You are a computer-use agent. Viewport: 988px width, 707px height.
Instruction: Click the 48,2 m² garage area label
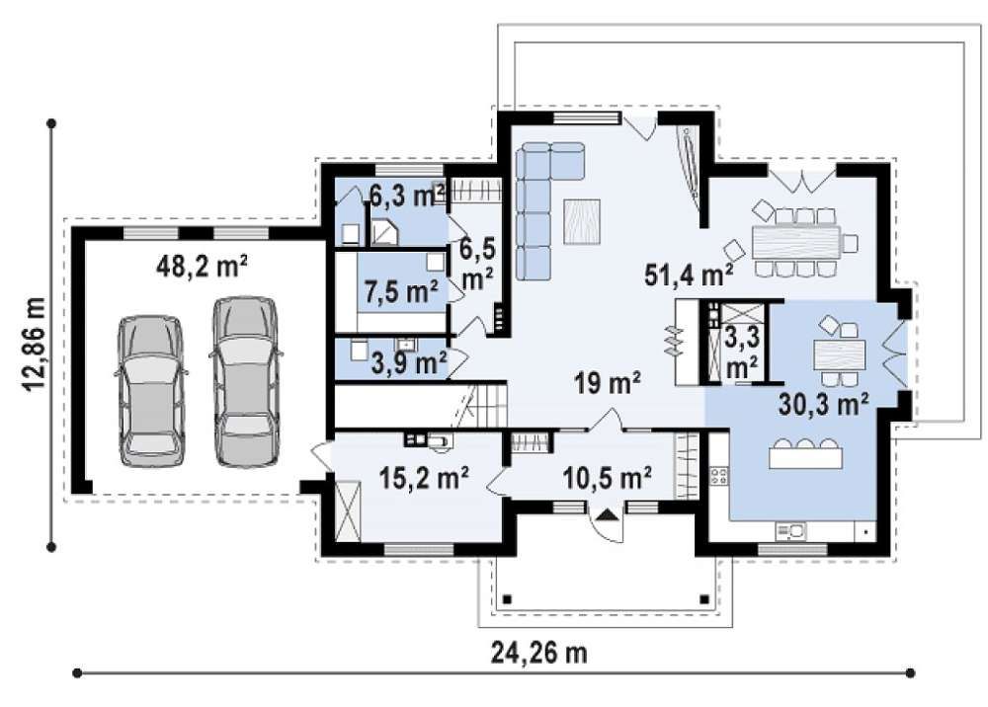click(201, 267)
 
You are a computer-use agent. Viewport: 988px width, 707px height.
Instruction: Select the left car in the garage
click(151, 390)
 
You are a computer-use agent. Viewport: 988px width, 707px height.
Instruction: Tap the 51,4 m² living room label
click(689, 275)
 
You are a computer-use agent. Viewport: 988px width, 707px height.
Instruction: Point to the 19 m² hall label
click(608, 382)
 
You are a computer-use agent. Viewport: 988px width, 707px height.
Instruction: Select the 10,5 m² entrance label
click(606, 479)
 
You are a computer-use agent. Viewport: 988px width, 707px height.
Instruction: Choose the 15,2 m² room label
click(424, 478)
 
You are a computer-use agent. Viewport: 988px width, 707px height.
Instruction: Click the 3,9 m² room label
click(409, 362)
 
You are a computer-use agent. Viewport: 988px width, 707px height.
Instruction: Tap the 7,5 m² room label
click(401, 291)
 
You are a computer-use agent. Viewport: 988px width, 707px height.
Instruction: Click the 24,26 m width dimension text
click(538, 653)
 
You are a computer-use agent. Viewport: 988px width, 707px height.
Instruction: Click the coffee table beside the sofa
click(582, 221)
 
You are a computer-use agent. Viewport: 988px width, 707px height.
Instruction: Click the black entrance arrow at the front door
click(607, 515)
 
